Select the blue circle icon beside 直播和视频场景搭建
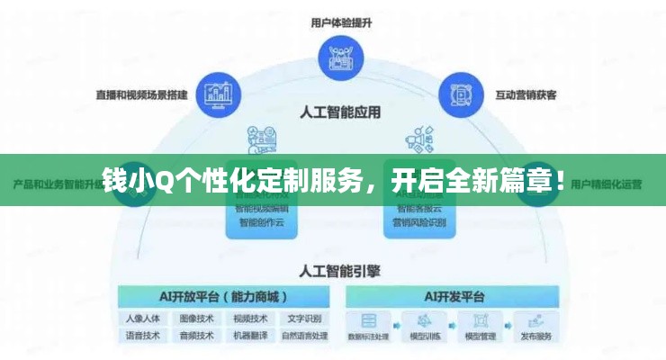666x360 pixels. [x=218, y=94]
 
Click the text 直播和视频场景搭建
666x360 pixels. [x=143, y=94]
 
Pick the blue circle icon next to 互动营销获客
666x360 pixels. [x=460, y=94]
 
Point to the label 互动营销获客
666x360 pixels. [x=526, y=94]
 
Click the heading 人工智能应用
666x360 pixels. [x=339, y=113]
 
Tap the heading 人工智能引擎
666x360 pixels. [x=339, y=269]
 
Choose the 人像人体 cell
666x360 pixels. [x=143, y=319]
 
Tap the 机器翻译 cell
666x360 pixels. [x=250, y=336]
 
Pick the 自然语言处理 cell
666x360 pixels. [x=304, y=336]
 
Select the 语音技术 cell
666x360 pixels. [x=143, y=336]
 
